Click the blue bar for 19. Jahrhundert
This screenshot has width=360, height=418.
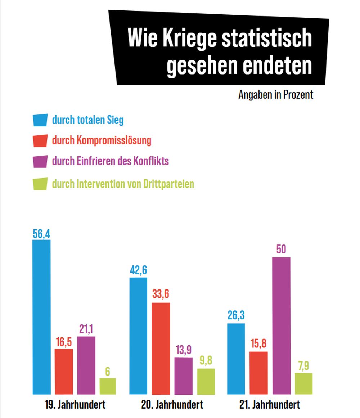(41, 317)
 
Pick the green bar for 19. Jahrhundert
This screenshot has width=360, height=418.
(108, 386)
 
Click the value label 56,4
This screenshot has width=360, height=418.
(41, 234)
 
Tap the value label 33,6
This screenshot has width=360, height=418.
(161, 294)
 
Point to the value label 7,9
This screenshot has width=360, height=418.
(303, 366)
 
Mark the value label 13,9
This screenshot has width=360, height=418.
(183, 350)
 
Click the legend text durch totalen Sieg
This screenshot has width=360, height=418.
(87, 120)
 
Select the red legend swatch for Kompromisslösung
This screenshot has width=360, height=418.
(40, 140)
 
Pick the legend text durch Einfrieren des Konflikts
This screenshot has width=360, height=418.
(110, 161)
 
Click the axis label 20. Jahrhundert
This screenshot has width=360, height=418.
(172, 404)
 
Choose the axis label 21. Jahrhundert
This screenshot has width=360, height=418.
(270, 404)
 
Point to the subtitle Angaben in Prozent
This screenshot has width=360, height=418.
(276, 95)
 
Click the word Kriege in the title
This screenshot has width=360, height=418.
(189, 39)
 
